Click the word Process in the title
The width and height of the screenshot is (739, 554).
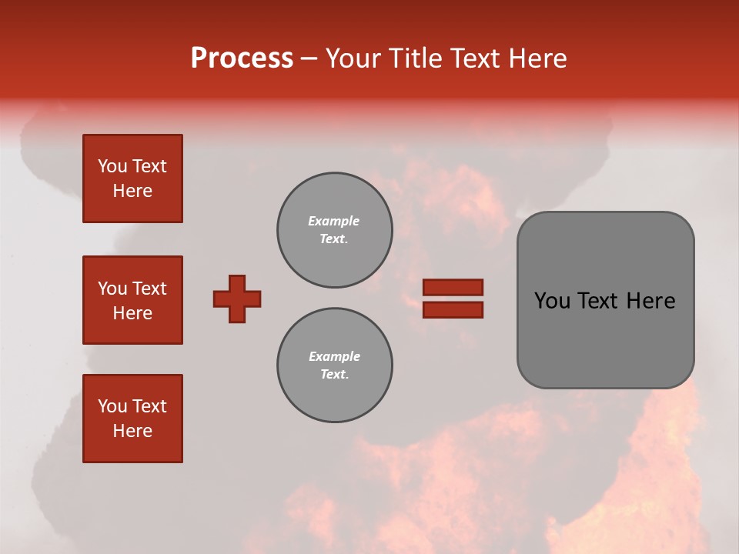tap(242, 58)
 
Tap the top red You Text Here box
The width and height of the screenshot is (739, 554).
tap(132, 179)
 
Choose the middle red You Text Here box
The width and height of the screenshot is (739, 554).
tap(132, 300)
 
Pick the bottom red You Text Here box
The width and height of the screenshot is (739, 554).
tap(132, 419)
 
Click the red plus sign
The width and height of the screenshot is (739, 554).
tap(237, 299)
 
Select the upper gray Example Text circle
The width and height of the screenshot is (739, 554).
tap(335, 230)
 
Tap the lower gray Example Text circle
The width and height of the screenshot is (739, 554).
tap(335, 365)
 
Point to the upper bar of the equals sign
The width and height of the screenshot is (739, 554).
tap(453, 287)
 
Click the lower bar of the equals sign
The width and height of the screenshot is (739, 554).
tap(453, 310)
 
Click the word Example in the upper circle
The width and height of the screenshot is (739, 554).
tap(334, 221)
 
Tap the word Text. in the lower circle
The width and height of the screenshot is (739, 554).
tap(334, 375)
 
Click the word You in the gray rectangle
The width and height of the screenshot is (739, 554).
tap(552, 301)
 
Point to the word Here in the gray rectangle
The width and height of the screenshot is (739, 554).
tap(650, 301)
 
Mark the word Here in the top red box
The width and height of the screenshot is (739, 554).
tap(132, 191)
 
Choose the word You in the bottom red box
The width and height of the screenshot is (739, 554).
tap(112, 406)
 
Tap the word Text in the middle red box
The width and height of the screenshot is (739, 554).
tap(149, 289)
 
